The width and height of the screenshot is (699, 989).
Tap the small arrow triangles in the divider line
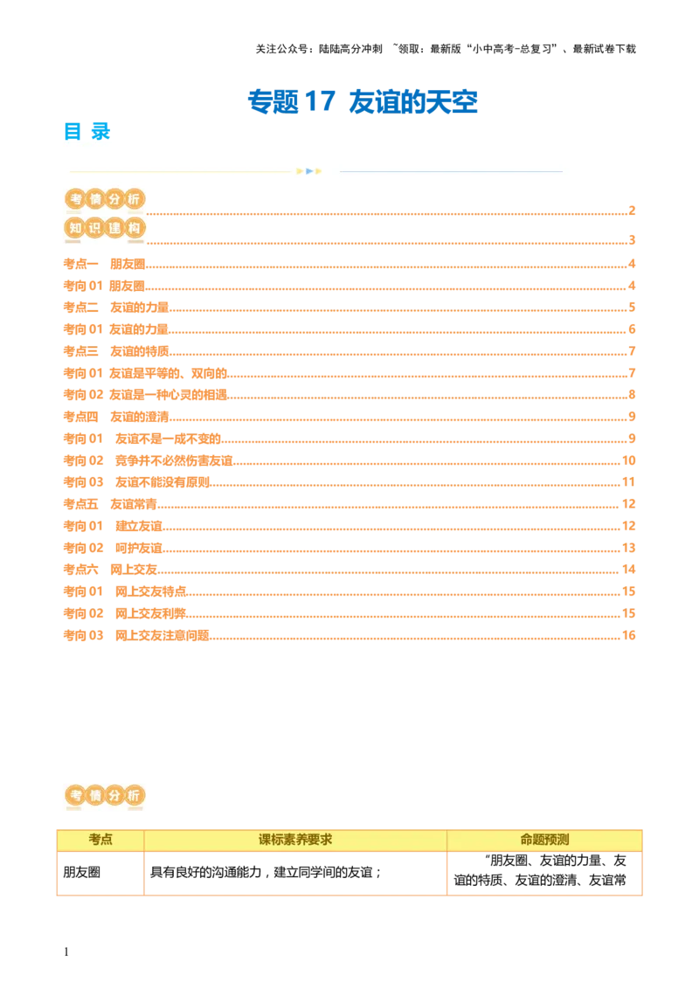point(309,171)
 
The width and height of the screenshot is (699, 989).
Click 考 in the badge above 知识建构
point(75,199)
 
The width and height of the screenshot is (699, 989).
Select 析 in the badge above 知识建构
point(133,199)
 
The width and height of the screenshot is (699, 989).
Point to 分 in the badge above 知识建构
point(114,199)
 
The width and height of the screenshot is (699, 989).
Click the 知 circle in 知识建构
point(75,228)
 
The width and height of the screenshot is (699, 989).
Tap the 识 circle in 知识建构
point(94,228)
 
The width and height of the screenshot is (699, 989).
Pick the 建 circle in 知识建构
point(114,228)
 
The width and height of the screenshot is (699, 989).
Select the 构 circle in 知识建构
point(133,228)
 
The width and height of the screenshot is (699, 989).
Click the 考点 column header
point(100,840)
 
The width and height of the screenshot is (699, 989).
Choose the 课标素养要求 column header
point(295,840)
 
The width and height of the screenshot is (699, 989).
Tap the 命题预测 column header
point(544,840)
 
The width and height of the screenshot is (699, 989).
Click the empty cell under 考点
point(100,870)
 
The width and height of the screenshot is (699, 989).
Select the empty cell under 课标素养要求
point(294,870)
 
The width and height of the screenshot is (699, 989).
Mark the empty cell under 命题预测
point(545,870)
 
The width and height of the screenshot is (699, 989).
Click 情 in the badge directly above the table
point(94,796)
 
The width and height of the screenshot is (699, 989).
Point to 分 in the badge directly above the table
point(114,796)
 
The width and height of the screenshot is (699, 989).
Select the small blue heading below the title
point(87,130)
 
